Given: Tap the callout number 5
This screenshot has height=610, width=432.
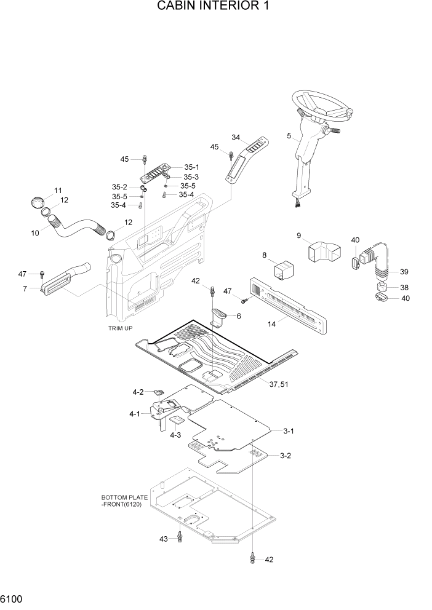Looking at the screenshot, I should point(289,135).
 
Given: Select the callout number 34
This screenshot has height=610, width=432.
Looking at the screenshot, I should point(235,137).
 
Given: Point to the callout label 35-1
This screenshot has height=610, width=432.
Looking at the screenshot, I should point(192,167).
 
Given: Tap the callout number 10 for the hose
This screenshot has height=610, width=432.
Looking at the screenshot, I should point(34,233).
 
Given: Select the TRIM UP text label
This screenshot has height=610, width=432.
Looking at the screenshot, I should point(120,328).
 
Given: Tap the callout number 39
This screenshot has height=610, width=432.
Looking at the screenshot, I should point(404,272).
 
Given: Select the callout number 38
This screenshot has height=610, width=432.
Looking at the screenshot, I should point(404,287).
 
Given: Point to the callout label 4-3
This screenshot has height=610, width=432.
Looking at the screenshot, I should point(175,435).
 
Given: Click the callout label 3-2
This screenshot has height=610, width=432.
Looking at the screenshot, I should point(286,456).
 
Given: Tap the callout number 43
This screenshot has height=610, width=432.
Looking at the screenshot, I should point(164,539).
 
